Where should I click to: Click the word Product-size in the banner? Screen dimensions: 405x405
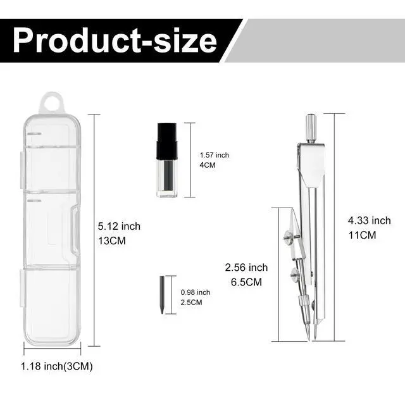[115, 40]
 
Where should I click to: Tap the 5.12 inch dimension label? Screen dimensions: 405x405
[119, 227]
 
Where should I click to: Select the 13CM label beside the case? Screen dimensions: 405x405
[112, 241]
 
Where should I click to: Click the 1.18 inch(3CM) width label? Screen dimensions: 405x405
[56, 366]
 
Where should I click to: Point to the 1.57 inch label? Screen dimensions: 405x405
[215, 155]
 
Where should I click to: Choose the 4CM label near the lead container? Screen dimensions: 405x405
[208, 165]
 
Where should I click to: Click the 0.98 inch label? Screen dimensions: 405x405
[196, 292]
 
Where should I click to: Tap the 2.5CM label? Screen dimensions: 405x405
[191, 302]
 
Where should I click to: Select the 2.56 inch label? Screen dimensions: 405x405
[246, 267]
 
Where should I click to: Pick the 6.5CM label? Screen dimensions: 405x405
[246, 282]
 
